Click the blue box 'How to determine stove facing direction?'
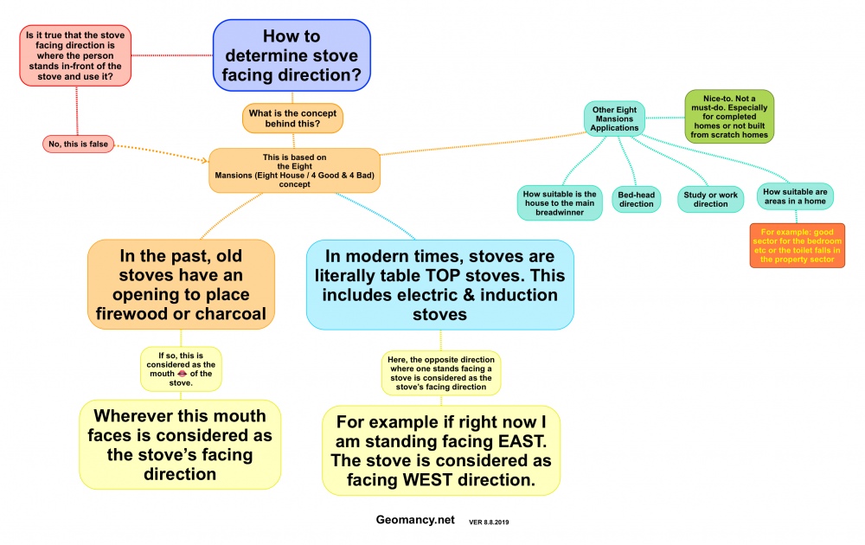pyautogui.click(x=292, y=55)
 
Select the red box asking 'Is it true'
pyautogui.click(x=76, y=56)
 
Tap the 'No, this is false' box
pyautogui.click(x=78, y=144)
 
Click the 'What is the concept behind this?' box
pyautogui.click(x=292, y=119)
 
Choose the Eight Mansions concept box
pyautogui.click(x=295, y=170)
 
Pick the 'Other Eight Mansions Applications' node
pyautogui.click(x=614, y=119)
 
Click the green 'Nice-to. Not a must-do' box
pyautogui.click(x=729, y=116)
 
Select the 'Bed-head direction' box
pyautogui.click(x=637, y=200)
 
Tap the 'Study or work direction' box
pyautogui.click(x=711, y=200)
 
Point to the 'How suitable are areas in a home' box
pyautogui.click(x=796, y=196)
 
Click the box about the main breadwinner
pyautogui.click(x=561, y=202)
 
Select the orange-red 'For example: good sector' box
pyautogui.click(x=797, y=246)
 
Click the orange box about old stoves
pyautogui.click(x=181, y=285)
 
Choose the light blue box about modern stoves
pyautogui.click(x=440, y=285)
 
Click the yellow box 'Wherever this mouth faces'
pyautogui.click(x=180, y=444)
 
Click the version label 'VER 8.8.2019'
pyautogui.click(x=494, y=523)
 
